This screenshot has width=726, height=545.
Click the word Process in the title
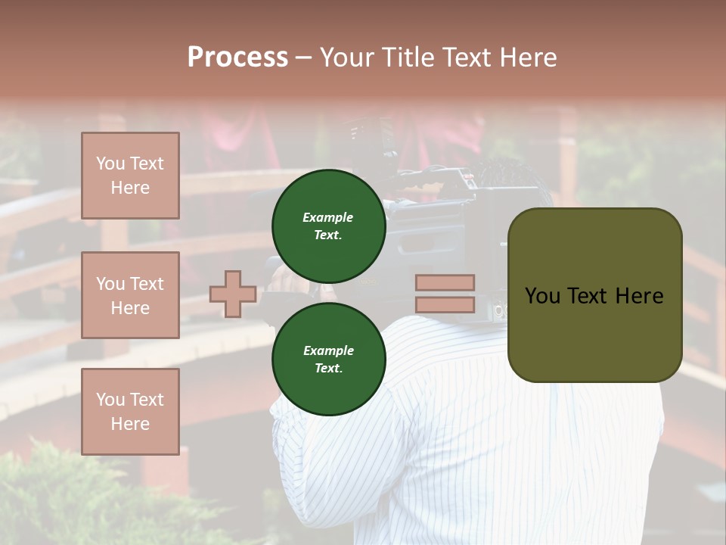[x=237, y=57]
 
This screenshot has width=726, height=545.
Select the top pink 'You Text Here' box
[x=130, y=176]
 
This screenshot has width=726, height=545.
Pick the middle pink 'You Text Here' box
[x=130, y=295]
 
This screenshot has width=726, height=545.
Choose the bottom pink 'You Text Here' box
[x=130, y=411]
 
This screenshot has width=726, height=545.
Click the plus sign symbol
[x=233, y=294]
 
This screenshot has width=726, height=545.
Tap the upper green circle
[x=328, y=226]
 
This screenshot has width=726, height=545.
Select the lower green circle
[x=328, y=359]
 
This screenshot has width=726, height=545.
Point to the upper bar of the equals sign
[x=445, y=282]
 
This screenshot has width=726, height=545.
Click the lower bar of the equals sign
[x=445, y=304]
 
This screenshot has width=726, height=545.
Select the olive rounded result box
[x=594, y=294]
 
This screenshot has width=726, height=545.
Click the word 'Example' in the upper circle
[x=328, y=217]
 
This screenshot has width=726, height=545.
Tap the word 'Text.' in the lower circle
[x=328, y=368]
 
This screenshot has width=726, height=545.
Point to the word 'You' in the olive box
[x=542, y=295]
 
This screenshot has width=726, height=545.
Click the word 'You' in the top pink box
[x=110, y=163]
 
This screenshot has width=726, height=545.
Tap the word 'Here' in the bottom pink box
[x=130, y=424]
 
